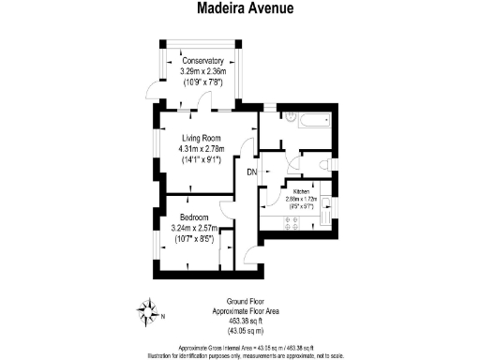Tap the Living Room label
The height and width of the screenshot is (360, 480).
coord(203,136)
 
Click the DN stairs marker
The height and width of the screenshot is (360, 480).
coord(252,172)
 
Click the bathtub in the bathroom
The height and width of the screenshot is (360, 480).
coord(306,120)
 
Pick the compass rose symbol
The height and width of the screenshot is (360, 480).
coord(147,308)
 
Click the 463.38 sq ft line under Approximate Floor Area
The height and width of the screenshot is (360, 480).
coord(242,321)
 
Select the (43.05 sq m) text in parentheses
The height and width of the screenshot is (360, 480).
coord(242,330)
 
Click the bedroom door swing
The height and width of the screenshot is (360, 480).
coord(226,207)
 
